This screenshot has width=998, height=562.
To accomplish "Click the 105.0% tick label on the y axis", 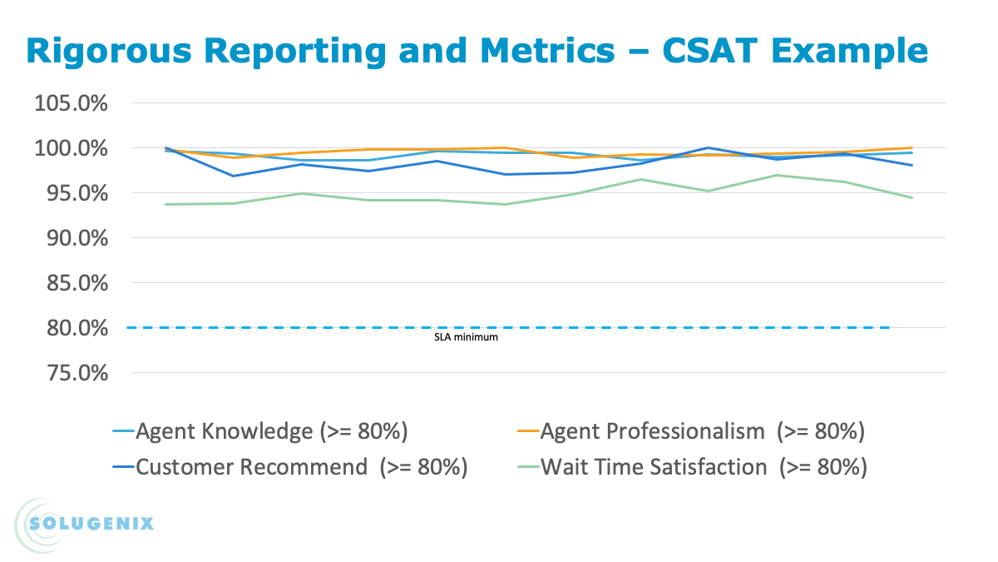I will click(x=71, y=104).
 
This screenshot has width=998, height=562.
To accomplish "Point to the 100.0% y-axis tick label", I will click(x=71, y=149).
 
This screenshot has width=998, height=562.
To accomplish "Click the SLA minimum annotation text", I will click(x=467, y=338).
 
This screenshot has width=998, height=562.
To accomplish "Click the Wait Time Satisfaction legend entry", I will click(x=704, y=467).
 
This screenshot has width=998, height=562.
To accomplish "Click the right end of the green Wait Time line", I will click(x=912, y=198).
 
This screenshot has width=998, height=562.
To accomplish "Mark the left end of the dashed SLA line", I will click(x=127, y=328).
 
